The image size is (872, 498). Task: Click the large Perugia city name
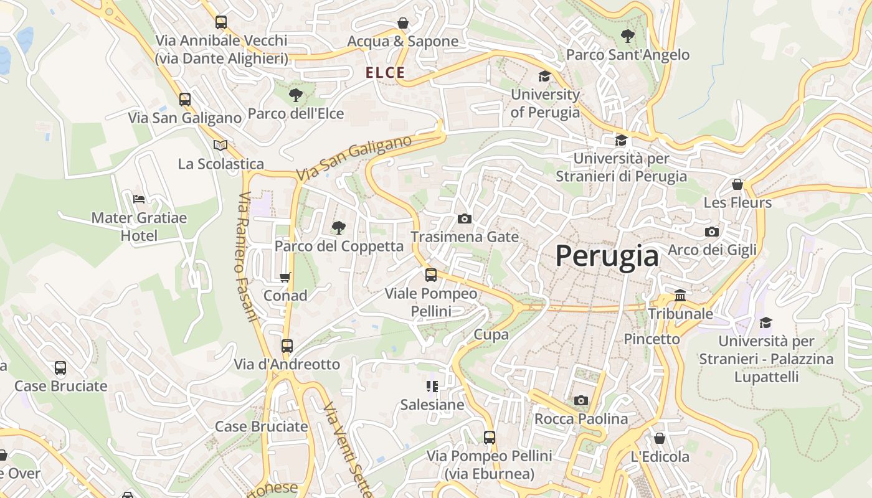pyautogui.click(x=607, y=256)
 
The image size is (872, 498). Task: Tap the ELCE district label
pyautogui.click(x=386, y=73)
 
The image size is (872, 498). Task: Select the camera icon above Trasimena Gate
pyautogui.click(x=464, y=218)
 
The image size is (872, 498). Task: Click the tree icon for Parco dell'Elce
pyautogui.click(x=296, y=95)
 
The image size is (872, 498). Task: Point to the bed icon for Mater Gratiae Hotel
pyautogui.click(x=139, y=199)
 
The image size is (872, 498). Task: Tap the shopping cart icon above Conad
pyautogui.click(x=285, y=277)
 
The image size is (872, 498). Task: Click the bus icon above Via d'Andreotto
pyautogui.click(x=287, y=346)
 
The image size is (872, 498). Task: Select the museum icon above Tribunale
pyautogui.click(x=680, y=295)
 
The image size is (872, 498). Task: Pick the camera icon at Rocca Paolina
pyautogui.click(x=581, y=400)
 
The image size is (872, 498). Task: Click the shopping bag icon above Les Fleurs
pyautogui.click(x=737, y=185)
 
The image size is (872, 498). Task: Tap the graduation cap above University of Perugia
pyautogui.click(x=545, y=77)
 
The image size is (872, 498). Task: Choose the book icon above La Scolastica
pyautogui.click(x=220, y=146)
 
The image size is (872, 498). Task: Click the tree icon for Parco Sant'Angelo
pyautogui.click(x=628, y=36)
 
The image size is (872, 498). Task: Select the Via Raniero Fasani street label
pyautogui.click(x=247, y=256)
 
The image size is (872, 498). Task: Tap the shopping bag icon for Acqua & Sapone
pyautogui.click(x=403, y=24)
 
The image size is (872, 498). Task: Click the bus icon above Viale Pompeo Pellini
pyautogui.click(x=431, y=275)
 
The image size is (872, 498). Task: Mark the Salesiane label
pyautogui.click(x=432, y=405)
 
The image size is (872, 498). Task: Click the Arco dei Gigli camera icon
pyautogui.click(x=712, y=232)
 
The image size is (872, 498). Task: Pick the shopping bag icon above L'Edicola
pyautogui.click(x=660, y=438)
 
